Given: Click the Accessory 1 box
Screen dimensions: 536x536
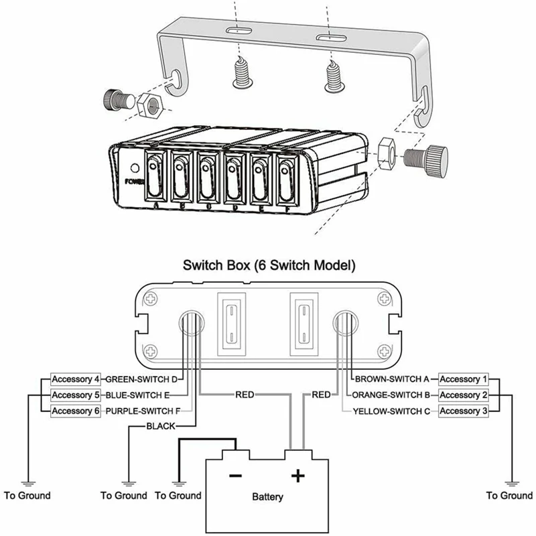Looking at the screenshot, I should point(464,379).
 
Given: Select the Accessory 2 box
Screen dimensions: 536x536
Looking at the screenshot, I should point(464,395).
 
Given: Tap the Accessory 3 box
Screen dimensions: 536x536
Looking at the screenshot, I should point(464,411).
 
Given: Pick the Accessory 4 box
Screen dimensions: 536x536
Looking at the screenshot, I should point(76,379).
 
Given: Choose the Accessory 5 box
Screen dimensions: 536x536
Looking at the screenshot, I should point(76,395).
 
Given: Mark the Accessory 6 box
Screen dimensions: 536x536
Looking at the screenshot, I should point(76,411).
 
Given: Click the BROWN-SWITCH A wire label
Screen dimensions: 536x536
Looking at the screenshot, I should point(391,379).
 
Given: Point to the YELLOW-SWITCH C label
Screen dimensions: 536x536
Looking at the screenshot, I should point(391,411).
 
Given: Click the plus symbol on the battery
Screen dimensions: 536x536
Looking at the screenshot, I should point(297,476).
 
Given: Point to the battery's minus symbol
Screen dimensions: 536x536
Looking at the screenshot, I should point(235,476).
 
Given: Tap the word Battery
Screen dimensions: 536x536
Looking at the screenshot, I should point(267,497).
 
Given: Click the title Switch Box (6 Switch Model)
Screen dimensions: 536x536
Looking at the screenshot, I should point(268,265).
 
